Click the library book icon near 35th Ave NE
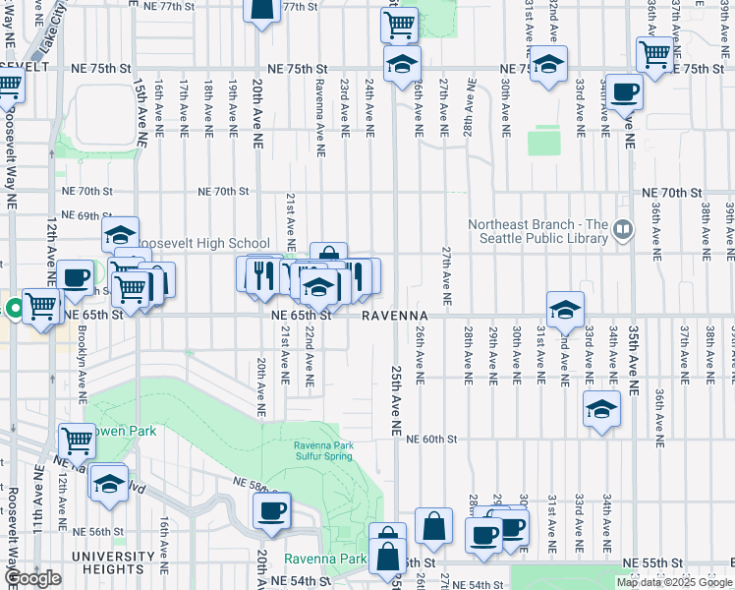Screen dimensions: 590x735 point(622,230)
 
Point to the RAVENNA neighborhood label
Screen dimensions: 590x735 point(392,316)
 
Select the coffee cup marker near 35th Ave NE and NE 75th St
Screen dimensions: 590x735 point(624,92)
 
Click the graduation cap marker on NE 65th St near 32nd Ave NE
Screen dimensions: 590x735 point(565,310)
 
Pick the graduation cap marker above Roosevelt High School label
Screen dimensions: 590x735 point(121,234)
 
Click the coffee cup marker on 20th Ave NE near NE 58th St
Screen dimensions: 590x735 point(271,510)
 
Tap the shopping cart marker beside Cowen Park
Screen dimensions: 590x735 point(77,441)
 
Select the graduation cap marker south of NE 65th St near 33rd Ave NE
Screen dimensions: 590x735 point(601,409)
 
